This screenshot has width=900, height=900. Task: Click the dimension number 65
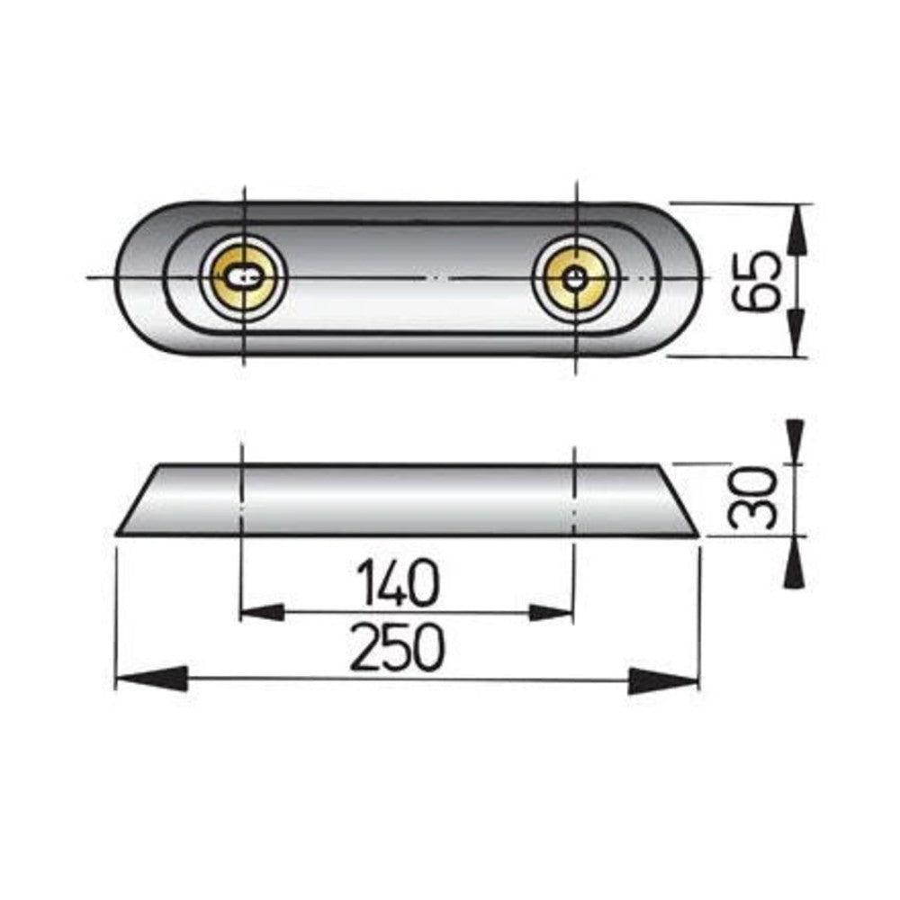[x=757, y=280]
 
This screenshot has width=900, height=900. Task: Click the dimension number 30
[x=751, y=497]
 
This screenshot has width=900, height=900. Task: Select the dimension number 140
[x=397, y=582]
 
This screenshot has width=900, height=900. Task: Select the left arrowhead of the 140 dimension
[x=262, y=612]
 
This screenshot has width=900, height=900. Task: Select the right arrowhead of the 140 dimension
[x=551, y=613]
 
